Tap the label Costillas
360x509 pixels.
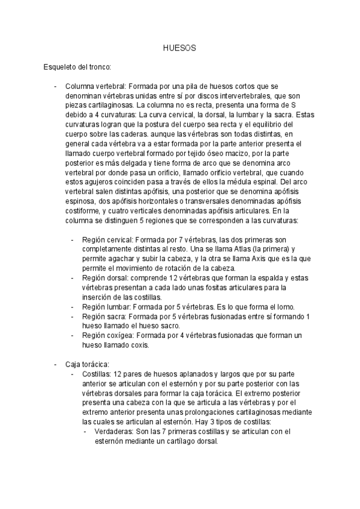pos(98,374)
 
